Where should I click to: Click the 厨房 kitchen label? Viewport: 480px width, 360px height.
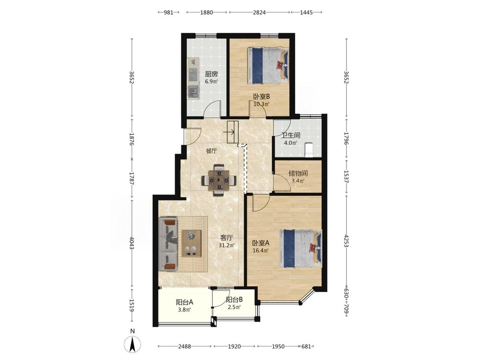(x=211, y=74)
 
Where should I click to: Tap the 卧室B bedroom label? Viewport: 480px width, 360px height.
(x=262, y=97)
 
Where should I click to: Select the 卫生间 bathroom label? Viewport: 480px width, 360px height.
(x=291, y=135)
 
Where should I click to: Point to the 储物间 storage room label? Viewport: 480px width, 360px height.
(x=298, y=174)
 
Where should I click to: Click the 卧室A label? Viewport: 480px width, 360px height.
(x=261, y=243)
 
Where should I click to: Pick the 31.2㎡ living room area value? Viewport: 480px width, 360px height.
(x=227, y=245)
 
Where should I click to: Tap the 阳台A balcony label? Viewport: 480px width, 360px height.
(x=185, y=302)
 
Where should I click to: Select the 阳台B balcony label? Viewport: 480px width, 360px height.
(x=234, y=300)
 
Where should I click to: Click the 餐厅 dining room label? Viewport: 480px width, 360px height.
(x=211, y=151)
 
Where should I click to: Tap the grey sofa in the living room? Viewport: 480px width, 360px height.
(x=168, y=244)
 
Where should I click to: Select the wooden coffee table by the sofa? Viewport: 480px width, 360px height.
(x=191, y=244)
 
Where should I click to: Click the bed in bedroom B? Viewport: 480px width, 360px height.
(x=268, y=65)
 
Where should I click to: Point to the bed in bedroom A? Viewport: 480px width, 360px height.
(x=301, y=249)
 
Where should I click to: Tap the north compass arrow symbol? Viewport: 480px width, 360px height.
(x=132, y=344)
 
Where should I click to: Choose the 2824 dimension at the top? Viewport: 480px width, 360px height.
(x=259, y=12)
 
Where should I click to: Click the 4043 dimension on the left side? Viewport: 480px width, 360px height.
(x=132, y=243)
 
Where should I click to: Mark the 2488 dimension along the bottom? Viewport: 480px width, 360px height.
(x=185, y=346)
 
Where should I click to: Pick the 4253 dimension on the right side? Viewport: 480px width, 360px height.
(x=346, y=241)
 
